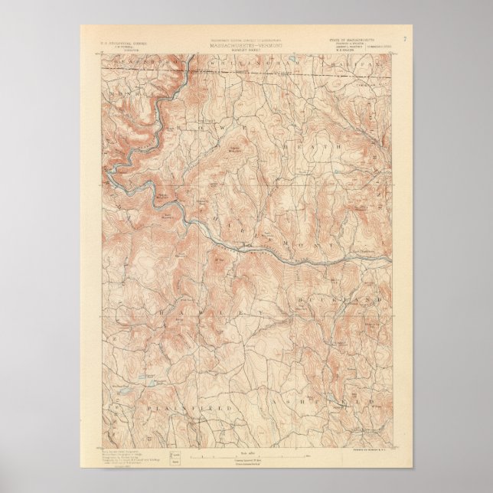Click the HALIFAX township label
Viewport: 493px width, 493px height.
(360, 67)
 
